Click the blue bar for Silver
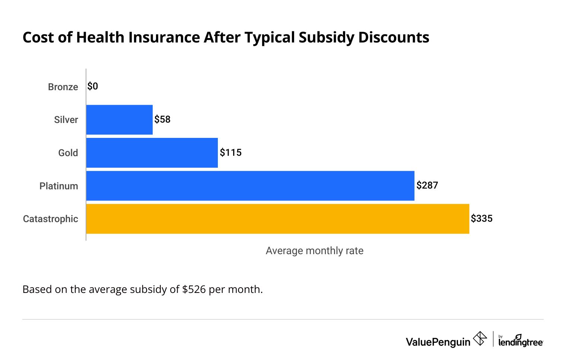tap(119, 120)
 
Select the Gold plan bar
tap(152, 153)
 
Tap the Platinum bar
tap(250, 186)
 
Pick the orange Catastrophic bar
tap(277, 219)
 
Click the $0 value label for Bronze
tap(93, 86)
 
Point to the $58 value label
tap(162, 119)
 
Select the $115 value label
tap(230, 152)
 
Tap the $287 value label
tap(427, 185)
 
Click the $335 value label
tap(481, 218)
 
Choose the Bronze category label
tap(63, 87)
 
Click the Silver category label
tap(66, 120)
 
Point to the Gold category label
tap(68, 153)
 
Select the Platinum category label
tap(59, 186)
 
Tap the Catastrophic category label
tap(51, 219)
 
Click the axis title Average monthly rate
tap(314, 251)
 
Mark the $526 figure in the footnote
tap(194, 290)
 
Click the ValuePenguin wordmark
tap(438, 342)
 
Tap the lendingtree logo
tap(520, 341)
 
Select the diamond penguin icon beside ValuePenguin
tap(480, 339)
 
